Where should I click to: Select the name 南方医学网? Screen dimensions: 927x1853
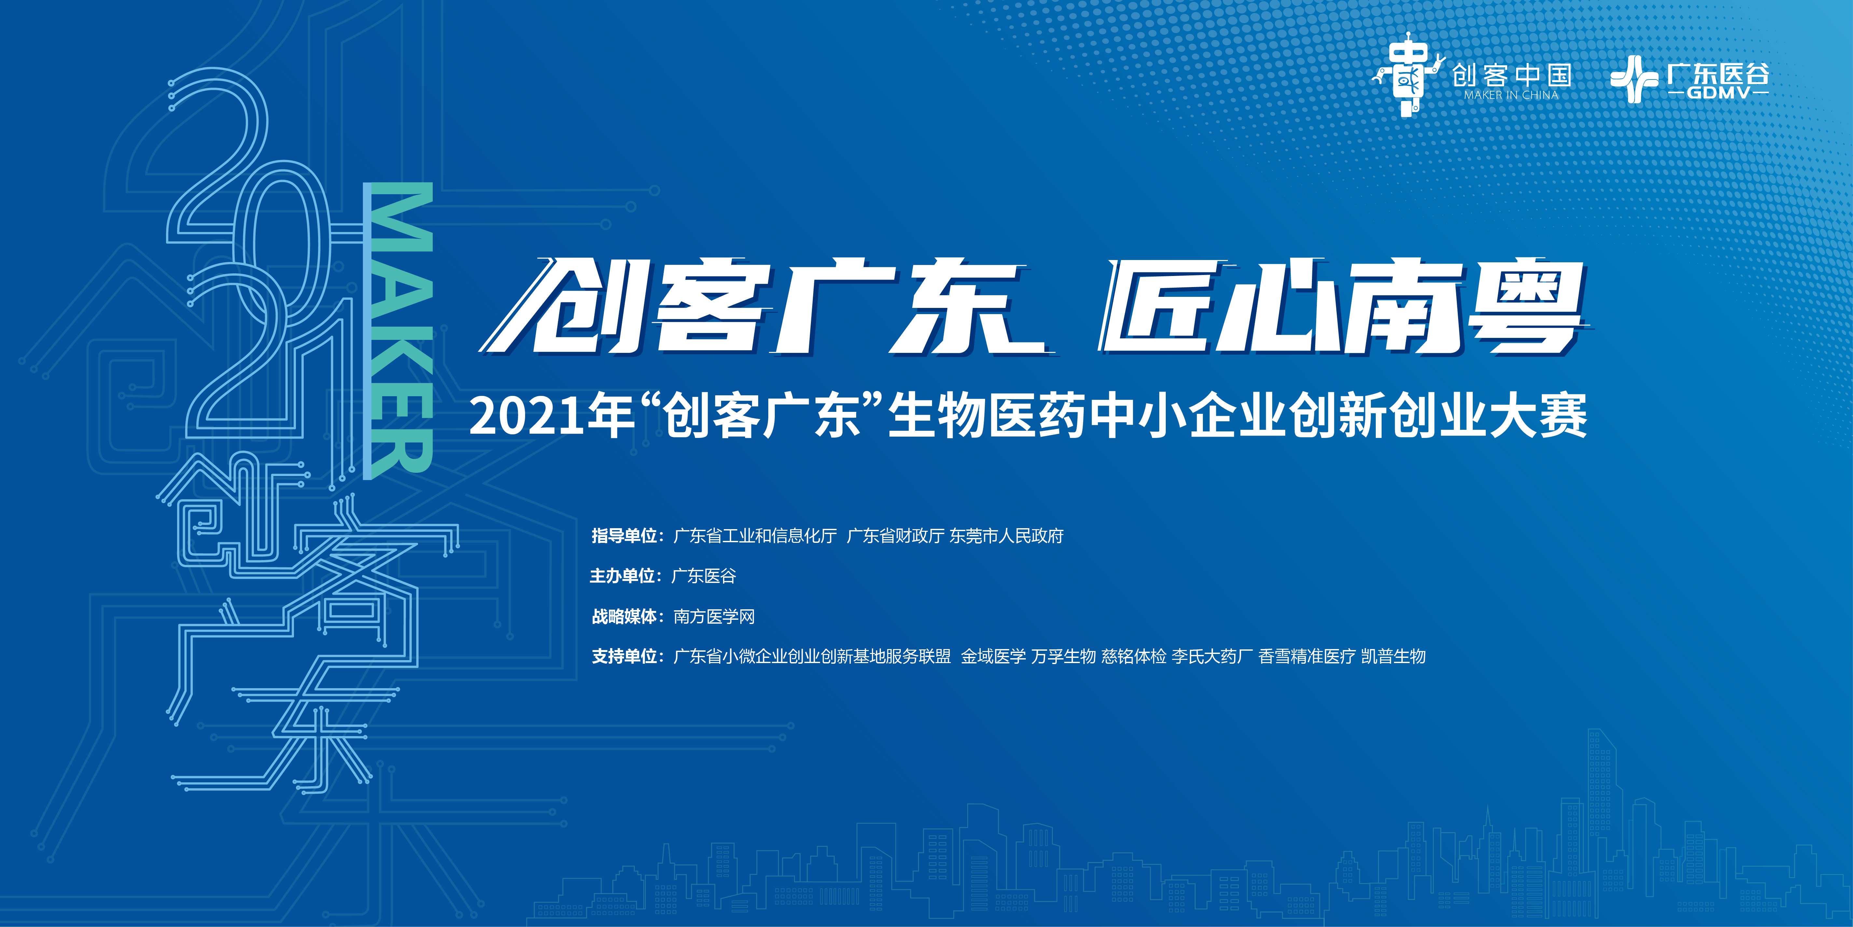pos(714,617)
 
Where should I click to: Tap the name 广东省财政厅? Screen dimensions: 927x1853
pos(895,536)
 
